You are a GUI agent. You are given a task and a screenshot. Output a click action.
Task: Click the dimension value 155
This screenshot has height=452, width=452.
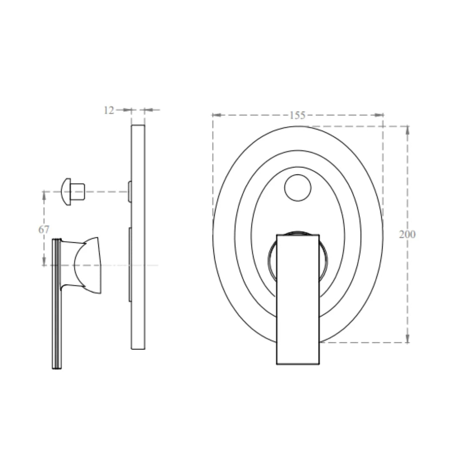(x=297, y=116)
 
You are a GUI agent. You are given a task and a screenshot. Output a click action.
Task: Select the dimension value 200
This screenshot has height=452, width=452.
(x=407, y=234)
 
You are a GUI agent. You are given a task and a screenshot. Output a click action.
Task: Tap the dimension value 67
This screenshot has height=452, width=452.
(x=44, y=229)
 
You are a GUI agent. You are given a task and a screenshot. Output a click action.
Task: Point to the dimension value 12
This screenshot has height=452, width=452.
(x=108, y=110)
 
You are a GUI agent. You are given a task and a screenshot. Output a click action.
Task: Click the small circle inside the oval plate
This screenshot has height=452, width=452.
(x=298, y=188)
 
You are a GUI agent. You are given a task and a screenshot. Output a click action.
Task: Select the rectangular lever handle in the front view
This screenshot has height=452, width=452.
(x=298, y=299)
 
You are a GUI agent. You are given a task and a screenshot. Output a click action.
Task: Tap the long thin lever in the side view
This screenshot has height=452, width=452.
(x=57, y=303)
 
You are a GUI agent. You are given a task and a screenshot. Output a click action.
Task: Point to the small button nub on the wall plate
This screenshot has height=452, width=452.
(x=130, y=192)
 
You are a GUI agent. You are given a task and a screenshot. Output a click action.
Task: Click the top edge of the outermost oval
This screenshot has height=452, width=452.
(x=298, y=126)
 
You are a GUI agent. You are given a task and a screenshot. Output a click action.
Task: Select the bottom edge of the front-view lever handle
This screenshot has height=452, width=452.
(x=298, y=364)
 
